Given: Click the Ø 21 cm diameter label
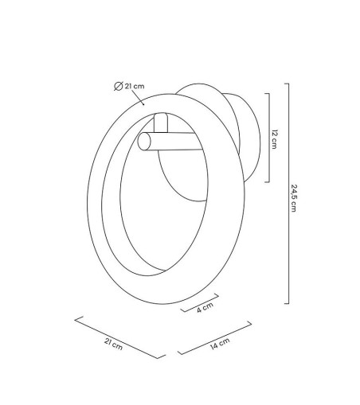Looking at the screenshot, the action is tap(129, 86).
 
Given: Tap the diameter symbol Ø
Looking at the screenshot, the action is tap(118, 86).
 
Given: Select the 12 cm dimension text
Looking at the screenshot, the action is tap(274, 139).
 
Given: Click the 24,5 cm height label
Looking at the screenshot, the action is tap(294, 198).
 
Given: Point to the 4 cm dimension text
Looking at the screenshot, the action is tap(205, 308).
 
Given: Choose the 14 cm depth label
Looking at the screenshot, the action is tap(220, 344).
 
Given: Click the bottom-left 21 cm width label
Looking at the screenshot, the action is tap(113, 345).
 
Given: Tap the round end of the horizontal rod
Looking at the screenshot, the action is tap(144, 141).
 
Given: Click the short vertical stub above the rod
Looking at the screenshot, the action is tap(161, 123).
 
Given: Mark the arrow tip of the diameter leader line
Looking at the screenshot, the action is tap(144, 105).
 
